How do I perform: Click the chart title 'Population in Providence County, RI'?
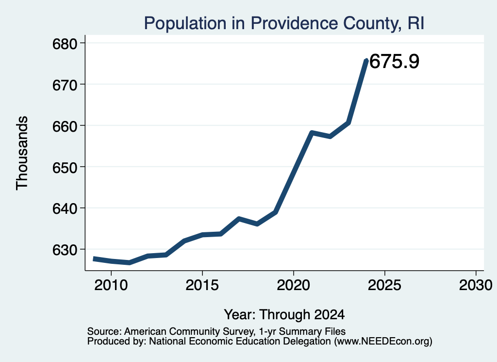point(284,23)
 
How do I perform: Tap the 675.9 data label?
point(394,61)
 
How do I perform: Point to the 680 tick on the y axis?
point(65,44)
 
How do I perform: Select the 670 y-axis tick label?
point(65,85)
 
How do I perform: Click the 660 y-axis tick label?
point(65,126)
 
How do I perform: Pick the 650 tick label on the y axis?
point(65,168)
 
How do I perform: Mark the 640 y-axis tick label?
point(65,209)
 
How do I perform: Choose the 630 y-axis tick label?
point(65,250)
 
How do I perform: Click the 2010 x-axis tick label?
point(111,285)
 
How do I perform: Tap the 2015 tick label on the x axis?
point(202,285)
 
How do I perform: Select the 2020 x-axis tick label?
point(294,285)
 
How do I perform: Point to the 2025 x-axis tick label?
point(385,285)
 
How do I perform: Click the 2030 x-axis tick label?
point(476,285)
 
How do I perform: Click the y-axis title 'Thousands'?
point(22,153)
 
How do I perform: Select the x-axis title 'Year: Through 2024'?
point(284,315)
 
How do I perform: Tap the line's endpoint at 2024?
point(366,60)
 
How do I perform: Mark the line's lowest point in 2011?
point(129,263)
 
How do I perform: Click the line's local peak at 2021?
point(312,133)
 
